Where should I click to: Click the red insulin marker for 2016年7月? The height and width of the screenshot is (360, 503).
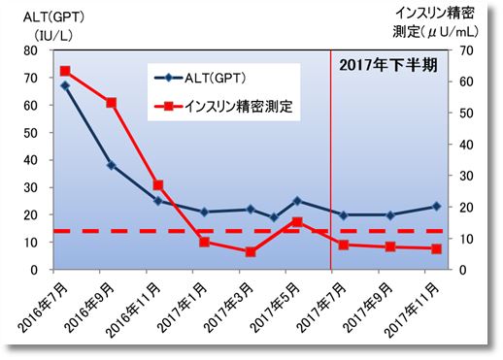[x=65, y=71]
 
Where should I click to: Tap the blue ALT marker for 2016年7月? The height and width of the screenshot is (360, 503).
[x=65, y=85]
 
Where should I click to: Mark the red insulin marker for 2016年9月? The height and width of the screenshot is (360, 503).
[x=112, y=103]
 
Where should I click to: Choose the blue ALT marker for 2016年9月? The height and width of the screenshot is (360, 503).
[x=112, y=165]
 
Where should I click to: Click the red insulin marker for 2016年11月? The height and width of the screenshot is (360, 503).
[x=158, y=185]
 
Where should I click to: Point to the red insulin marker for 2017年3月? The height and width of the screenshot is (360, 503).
[x=251, y=251]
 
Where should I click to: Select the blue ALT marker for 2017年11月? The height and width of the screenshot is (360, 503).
[x=436, y=206]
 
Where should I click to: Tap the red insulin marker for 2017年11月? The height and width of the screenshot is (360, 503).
[x=436, y=248]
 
